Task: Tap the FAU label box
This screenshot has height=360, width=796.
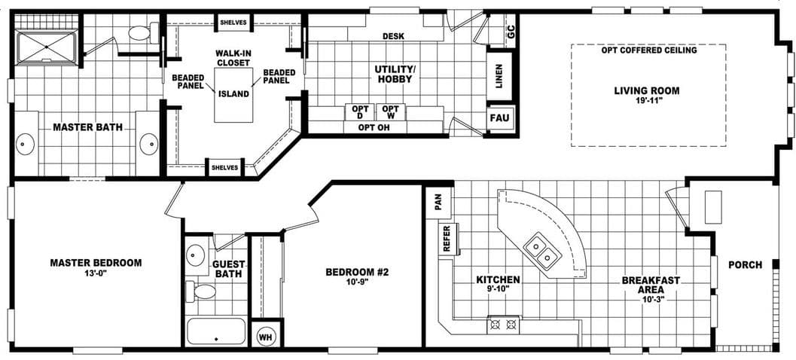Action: coord(499,118)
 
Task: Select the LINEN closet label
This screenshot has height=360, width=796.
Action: coord(499,76)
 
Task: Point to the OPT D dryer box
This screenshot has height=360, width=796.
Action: coord(359,111)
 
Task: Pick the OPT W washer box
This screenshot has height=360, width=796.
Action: coord(390,111)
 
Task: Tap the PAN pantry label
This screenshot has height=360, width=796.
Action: coord(438,203)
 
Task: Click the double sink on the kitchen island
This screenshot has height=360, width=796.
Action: coord(541,251)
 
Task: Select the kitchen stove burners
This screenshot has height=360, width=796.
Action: coord(504,325)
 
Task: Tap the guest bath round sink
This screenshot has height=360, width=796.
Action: coord(197,253)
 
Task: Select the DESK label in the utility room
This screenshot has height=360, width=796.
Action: coord(393,35)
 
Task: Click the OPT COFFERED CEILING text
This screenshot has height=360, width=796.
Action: coord(648,50)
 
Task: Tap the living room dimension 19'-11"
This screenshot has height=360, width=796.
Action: coord(646,102)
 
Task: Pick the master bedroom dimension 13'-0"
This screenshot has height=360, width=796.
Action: coord(96,274)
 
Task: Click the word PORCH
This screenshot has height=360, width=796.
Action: coord(745,264)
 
